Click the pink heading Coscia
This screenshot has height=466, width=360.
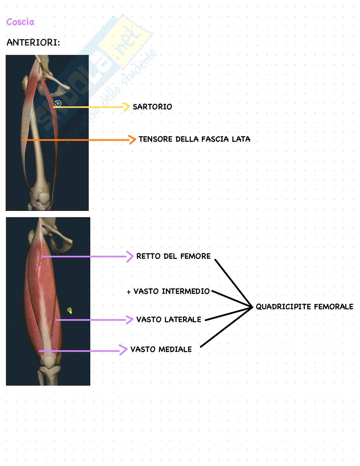[20, 22]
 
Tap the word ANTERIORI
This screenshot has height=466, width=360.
[33, 43]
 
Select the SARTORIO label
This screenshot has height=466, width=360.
[152, 107]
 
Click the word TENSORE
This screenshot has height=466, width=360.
[155, 139]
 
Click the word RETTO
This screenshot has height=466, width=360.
[148, 256]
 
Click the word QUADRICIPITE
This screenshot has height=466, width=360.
[283, 307]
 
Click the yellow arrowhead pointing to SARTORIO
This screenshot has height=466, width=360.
[127, 107]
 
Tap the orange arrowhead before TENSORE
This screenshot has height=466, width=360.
[132, 139]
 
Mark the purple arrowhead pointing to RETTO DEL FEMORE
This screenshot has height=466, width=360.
[130, 256]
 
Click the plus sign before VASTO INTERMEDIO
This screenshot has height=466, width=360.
[129, 292]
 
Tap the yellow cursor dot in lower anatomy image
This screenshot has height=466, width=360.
[70, 310]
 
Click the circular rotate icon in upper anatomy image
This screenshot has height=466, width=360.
[58, 103]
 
